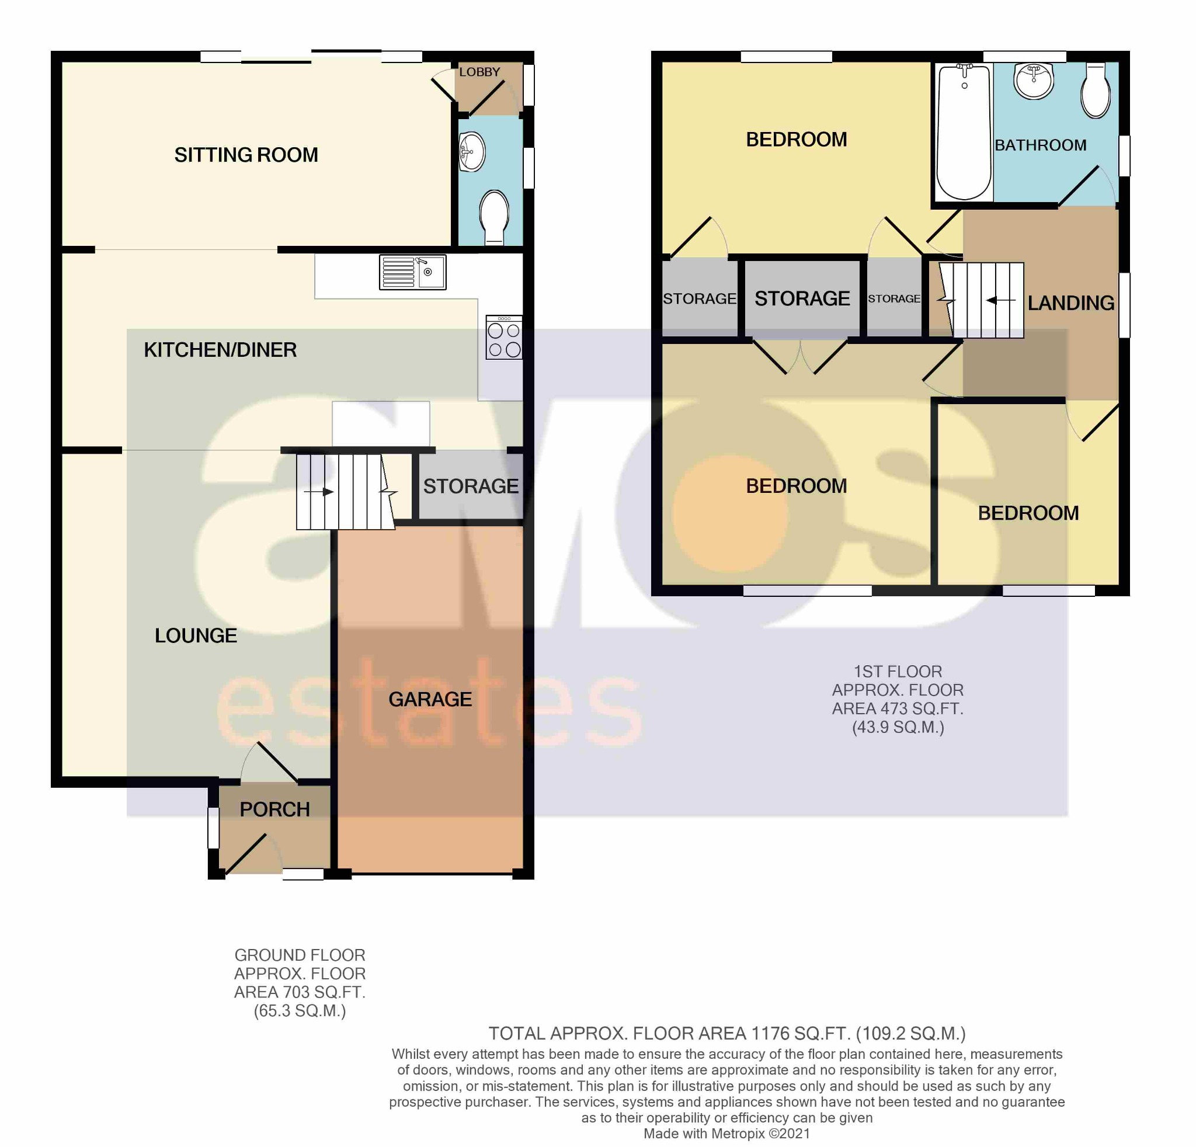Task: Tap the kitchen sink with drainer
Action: tap(412, 272)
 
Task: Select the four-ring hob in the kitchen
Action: tap(504, 338)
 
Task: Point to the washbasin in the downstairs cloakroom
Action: tap(472, 151)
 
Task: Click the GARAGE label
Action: tap(430, 699)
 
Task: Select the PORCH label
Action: tap(274, 809)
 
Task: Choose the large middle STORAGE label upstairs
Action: tap(802, 298)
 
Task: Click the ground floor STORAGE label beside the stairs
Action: tap(471, 486)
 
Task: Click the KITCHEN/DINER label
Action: tap(220, 350)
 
